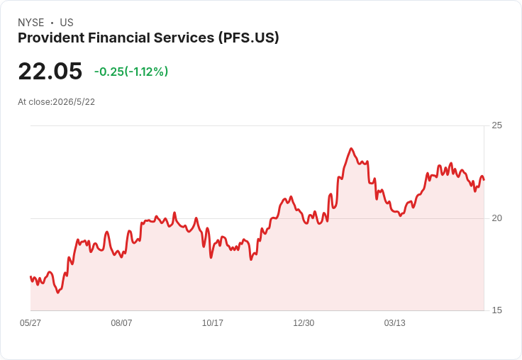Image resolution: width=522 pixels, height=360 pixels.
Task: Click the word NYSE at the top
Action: coord(31,23)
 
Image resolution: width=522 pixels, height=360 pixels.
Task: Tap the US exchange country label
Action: coord(67,23)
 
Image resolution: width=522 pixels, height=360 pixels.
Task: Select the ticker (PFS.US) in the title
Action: coord(249,38)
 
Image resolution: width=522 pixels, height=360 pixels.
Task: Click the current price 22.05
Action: coord(50,71)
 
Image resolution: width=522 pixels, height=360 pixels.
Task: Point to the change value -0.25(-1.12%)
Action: coord(131,72)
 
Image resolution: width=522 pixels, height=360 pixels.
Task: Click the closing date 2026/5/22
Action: coord(74,102)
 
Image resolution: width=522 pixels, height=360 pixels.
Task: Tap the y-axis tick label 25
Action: coord(496,125)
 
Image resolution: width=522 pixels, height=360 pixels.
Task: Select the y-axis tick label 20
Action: coord(496,218)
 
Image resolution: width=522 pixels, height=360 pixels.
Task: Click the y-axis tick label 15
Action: coord(496,310)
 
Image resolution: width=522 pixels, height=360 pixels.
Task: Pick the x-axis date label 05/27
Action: coord(30,323)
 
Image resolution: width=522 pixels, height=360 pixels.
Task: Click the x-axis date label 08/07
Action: coord(121,323)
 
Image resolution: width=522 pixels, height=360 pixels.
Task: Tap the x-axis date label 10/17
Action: coord(212,323)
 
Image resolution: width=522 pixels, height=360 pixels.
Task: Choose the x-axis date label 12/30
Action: coord(304,323)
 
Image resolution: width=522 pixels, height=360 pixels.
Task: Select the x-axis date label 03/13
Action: coord(395,323)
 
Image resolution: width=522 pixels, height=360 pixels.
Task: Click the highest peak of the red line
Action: coord(351,148)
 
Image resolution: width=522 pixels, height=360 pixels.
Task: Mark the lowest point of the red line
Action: coord(58,293)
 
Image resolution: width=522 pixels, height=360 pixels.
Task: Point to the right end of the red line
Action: coord(484,180)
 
